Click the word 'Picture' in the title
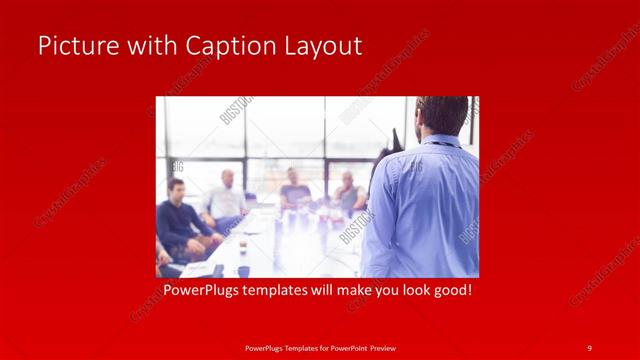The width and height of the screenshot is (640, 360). [x=75, y=46]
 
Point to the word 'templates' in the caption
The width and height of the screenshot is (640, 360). [x=283, y=291]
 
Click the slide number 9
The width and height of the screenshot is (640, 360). [x=589, y=347]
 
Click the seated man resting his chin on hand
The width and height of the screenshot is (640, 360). [x=348, y=192]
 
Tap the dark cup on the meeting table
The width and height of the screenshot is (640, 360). [x=243, y=270]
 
